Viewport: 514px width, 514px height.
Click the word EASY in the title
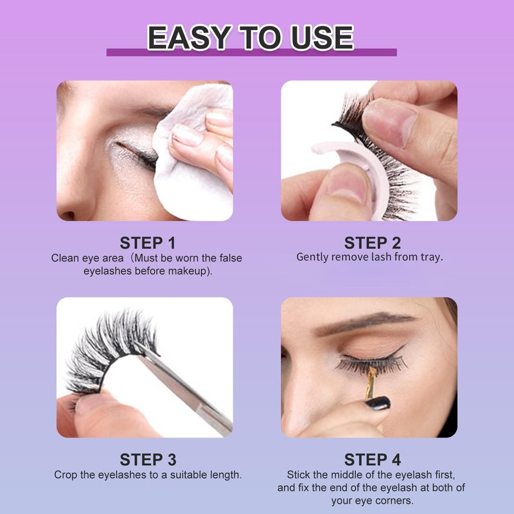189,37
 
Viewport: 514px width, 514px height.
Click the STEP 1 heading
148,243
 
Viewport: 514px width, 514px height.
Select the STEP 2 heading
373,243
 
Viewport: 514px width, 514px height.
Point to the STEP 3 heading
148,459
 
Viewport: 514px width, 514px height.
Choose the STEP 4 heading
373,459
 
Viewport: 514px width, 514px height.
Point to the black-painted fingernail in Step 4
378,403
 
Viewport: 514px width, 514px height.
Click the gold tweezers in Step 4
371,383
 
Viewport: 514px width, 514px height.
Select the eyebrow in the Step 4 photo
364,321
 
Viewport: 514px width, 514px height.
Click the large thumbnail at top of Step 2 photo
389,122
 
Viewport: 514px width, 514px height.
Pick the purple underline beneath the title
251,53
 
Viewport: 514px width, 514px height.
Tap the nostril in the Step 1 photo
68,215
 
